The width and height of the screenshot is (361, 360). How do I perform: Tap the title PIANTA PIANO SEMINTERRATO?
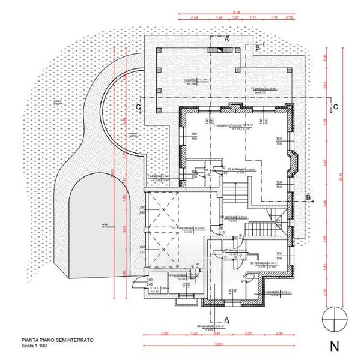[x=58, y=340]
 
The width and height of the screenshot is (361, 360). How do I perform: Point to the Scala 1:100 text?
[x=33, y=345]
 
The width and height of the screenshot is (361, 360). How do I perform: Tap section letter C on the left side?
[x=138, y=107]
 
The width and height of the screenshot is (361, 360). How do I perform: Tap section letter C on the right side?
[x=335, y=107]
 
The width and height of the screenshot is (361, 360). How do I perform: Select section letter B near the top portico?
[x=257, y=46]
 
